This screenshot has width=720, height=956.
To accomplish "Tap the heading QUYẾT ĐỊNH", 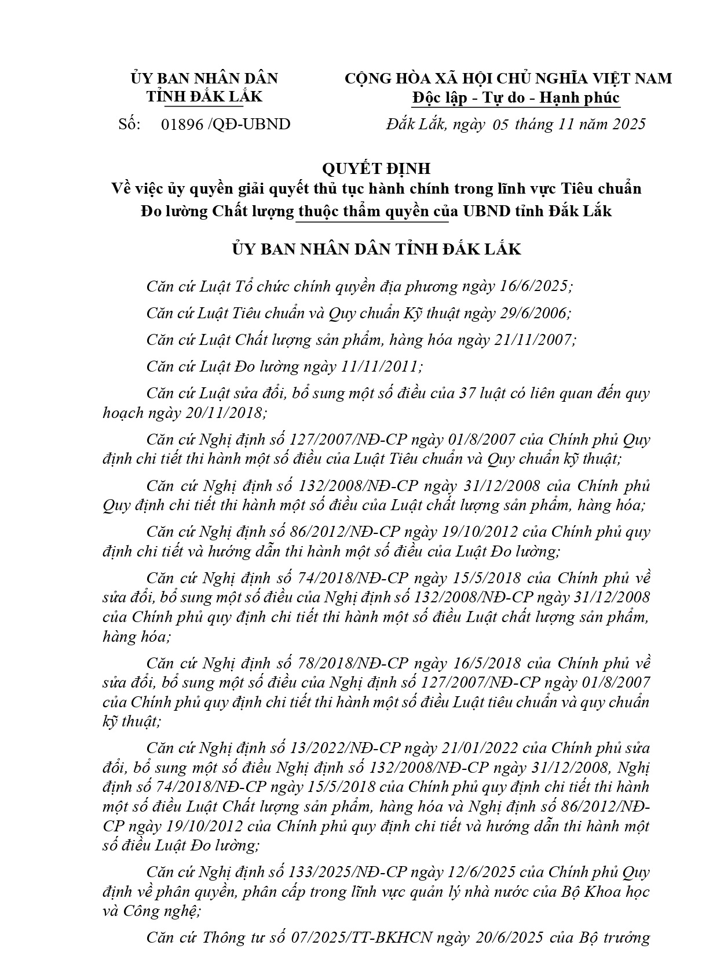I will coord(376,169).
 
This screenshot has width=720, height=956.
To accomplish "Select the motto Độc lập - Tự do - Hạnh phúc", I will coord(516,98).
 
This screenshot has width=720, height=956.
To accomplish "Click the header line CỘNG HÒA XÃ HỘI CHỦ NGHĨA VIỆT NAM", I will coord(508,78).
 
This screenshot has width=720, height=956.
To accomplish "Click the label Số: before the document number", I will coord(130,124).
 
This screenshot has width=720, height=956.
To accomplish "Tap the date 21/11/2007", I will coord(533,340).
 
